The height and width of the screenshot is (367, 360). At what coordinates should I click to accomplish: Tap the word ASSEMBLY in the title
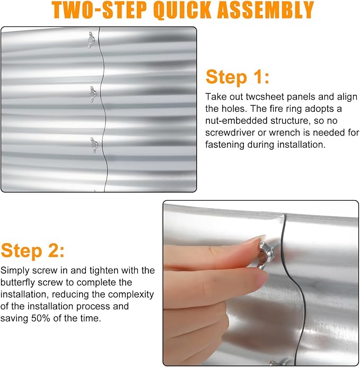pos(266,10)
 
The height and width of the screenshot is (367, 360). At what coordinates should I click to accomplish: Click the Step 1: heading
pos(238,77)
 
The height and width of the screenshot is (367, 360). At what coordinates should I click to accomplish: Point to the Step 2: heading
pos(32,250)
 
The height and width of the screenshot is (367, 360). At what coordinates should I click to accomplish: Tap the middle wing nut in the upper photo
pos(93,94)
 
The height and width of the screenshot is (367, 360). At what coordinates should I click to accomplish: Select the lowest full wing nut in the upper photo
pos(94,145)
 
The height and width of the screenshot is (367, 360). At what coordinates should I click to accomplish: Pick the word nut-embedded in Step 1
pos(236,121)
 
